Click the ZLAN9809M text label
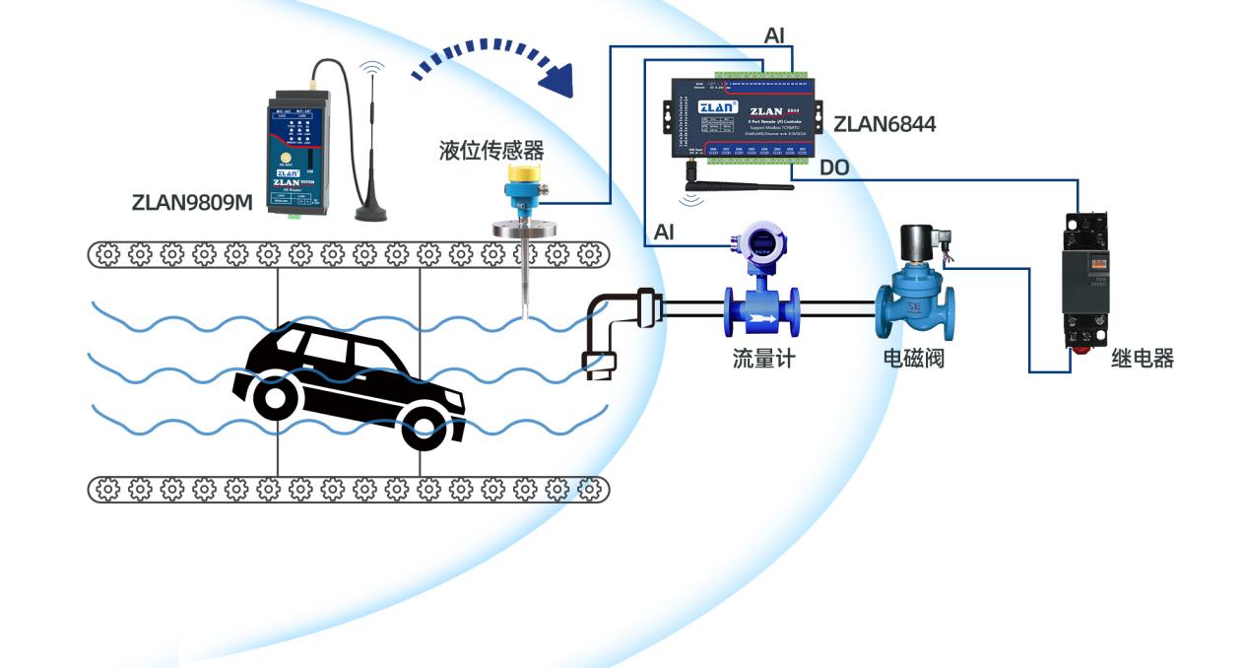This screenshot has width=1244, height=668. tap(192, 203)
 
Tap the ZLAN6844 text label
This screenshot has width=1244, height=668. tap(884, 124)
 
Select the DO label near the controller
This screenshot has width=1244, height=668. tap(834, 168)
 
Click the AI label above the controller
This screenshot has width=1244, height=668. tap(775, 35)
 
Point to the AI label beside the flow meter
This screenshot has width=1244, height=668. tap(664, 233)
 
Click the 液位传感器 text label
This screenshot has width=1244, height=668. tap(491, 151)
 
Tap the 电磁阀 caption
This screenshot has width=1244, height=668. tap(913, 359)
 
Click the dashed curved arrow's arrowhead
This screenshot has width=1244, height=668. tap(559, 80)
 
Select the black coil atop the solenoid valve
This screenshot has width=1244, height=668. tap(919, 242)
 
